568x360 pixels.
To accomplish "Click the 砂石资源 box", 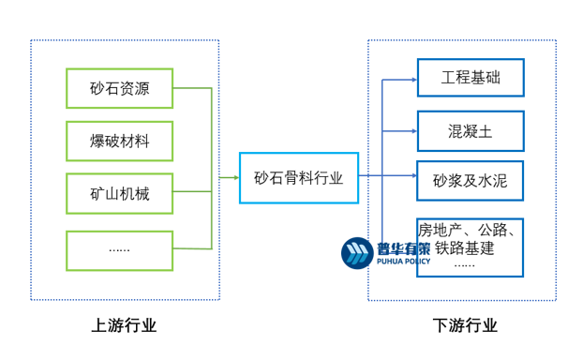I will [119, 88].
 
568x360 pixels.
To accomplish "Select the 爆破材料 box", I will [119, 142].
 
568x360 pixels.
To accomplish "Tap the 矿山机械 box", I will [119, 195].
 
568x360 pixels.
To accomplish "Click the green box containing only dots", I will [119, 248].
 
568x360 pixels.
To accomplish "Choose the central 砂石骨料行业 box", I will [298, 177].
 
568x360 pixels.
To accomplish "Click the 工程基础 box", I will [471, 78].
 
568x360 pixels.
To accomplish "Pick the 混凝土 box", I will [471, 131].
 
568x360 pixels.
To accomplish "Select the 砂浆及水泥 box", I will [471, 181].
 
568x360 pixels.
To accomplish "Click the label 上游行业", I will [124, 326].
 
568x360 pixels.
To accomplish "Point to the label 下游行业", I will [465, 326].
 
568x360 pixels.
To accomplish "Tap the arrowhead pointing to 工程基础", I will [412, 79].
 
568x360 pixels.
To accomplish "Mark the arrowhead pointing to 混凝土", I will [412, 131].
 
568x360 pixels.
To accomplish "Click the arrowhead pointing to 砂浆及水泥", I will [412, 174].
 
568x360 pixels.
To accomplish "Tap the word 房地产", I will [441, 230].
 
